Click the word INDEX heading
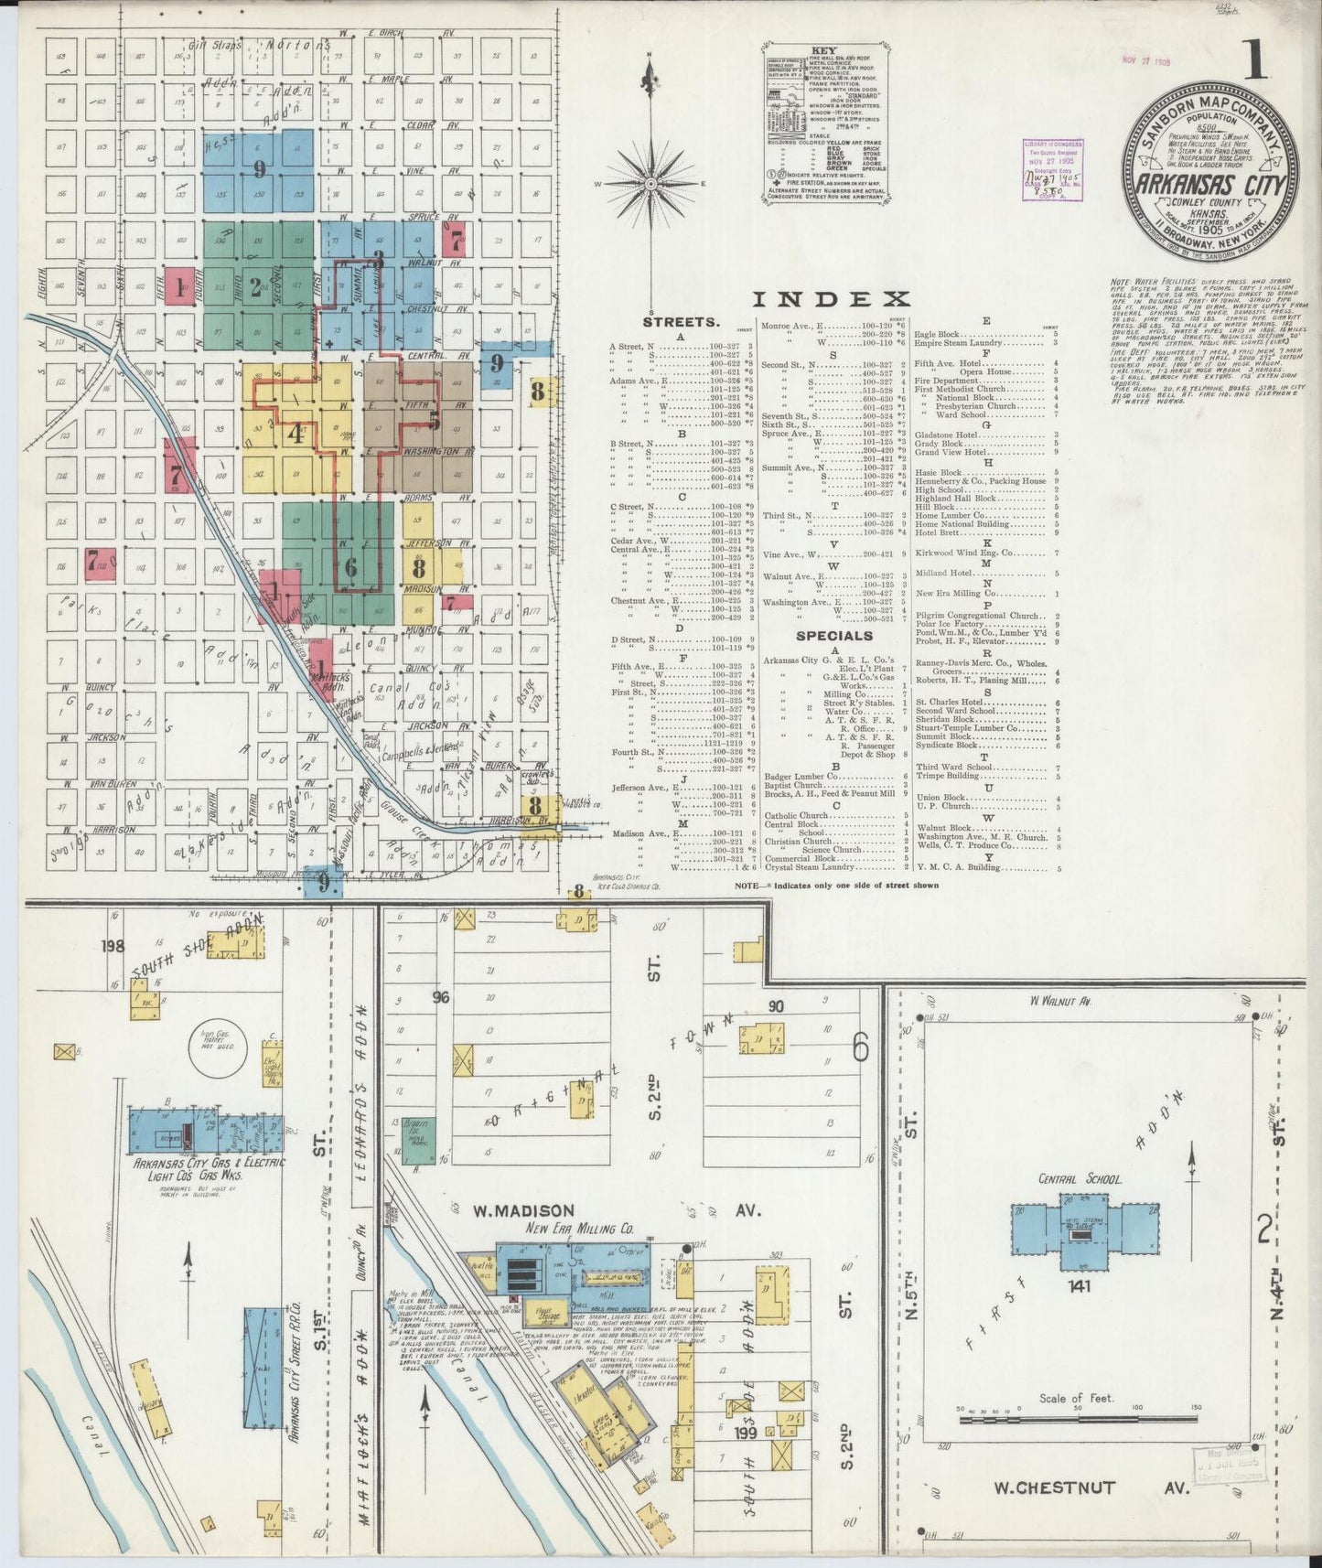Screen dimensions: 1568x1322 pos(831,299)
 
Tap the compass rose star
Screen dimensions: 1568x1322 pos(650,181)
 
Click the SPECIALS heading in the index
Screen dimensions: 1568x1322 pos(833,635)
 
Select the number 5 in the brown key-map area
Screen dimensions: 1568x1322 pos(435,420)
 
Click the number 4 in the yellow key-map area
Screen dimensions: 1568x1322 pos(295,434)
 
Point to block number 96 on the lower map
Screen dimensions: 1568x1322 pos(442,997)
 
